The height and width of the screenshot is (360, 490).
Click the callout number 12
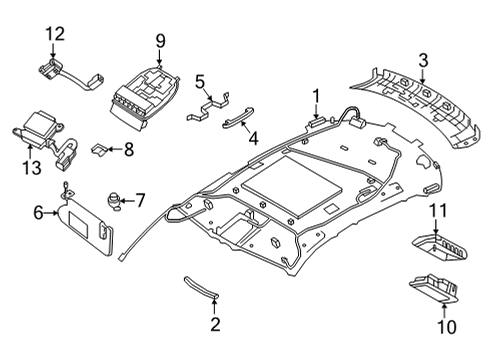pyautogui.click(x=52, y=35)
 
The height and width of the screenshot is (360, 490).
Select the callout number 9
pyautogui.click(x=159, y=41)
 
